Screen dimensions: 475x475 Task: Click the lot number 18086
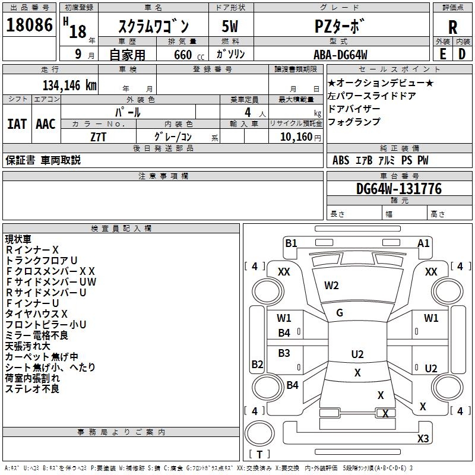pos(29,25)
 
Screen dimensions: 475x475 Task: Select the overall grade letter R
pos(452,27)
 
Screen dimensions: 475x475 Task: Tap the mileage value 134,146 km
pos(69,85)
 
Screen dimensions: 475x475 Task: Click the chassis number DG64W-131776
pos(399,189)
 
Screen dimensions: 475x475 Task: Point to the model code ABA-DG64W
pos(340,55)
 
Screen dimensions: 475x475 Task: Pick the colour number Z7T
pos(98,137)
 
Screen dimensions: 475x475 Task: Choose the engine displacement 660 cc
pos(189,55)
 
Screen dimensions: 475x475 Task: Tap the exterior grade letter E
pos(442,54)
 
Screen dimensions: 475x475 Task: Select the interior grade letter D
pos(462,54)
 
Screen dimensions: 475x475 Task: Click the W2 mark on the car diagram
pos(331,286)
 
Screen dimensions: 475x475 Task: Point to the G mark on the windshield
pos(340,313)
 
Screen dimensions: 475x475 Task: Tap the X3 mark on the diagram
pos(423,438)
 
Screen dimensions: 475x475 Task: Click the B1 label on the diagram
pos(291,243)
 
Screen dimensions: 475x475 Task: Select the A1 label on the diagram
pos(423,243)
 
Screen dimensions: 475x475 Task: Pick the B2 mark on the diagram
pos(257,364)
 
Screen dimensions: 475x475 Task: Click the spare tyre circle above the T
pos(259,433)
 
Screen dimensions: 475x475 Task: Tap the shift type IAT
pos(17,124)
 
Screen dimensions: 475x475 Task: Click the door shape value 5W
pos(230,26)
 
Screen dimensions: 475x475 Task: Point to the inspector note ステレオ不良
pos(32,389)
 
